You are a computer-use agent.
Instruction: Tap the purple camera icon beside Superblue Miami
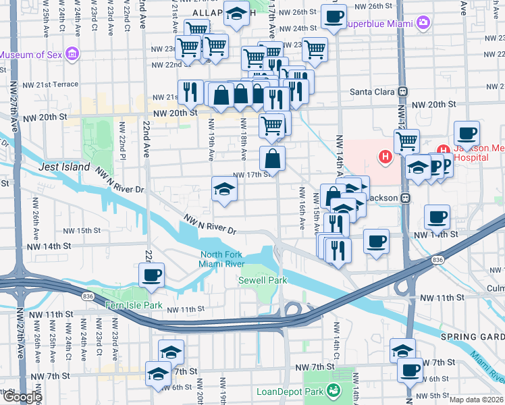point(423,24)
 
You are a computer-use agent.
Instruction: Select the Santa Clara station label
point(371,91)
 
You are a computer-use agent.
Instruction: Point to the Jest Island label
point(64,167)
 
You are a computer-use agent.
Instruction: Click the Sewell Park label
point(262,280)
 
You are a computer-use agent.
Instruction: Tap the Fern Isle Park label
point(134,305)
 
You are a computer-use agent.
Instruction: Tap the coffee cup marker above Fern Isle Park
point(151,275)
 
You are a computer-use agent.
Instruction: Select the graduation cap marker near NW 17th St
point(224,188)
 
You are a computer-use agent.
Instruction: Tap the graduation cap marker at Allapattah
point(236,14)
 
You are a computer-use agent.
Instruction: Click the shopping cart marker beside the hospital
point(406,141)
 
